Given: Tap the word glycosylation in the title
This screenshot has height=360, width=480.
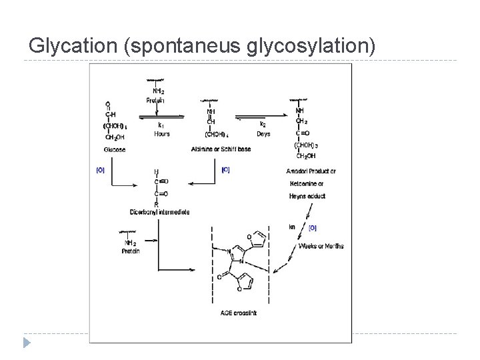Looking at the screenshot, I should tap(311, 45).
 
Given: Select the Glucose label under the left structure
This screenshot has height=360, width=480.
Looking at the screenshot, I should tap(115, 150).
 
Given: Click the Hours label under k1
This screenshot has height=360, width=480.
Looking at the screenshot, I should tap(162, 134).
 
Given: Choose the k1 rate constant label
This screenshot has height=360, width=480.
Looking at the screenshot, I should tap(161, 125).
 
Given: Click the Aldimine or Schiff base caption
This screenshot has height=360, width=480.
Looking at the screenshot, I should tap(221, 149).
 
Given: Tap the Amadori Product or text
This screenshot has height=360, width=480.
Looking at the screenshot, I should tap(311, 171).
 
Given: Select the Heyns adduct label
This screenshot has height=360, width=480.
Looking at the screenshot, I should tap(306, 197).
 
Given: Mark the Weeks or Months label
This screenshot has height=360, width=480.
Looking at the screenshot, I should tap(321, 246).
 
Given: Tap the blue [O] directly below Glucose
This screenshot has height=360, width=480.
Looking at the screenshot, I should tap(100, 170).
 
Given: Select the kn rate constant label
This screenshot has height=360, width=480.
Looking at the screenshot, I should tap(292, 227).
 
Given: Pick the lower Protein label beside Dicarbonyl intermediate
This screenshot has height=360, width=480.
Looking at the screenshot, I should tap(131, 251).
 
